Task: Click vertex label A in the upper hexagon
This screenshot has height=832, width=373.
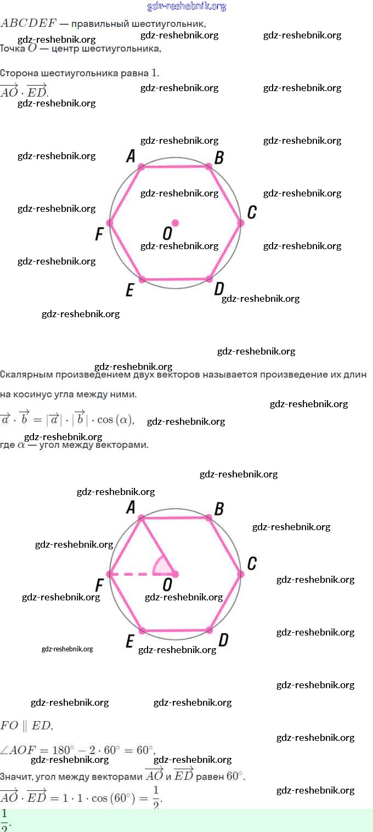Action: (x=131, y=156)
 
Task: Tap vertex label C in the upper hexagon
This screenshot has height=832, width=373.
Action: (x=252, y=212)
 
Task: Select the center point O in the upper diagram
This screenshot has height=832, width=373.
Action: (x=176, y=223)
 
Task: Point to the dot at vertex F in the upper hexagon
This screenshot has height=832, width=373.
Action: (x=110, y=223)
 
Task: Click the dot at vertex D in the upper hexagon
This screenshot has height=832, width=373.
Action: (x=209, y=279)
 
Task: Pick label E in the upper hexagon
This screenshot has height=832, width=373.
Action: (x=129, y=290)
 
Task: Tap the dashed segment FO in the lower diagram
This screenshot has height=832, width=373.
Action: (x=134, y=574)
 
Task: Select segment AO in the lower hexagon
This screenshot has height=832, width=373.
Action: (x=158, y=546)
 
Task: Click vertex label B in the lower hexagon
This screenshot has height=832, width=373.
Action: (x=219, y=509)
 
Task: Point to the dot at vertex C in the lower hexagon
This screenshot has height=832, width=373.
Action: (x=240, y=574)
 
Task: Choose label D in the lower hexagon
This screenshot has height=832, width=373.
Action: (x=223, y=640)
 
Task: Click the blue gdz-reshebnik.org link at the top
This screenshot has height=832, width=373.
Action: (x=187, y=7)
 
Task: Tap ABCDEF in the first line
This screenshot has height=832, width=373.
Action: (x=29, y=24)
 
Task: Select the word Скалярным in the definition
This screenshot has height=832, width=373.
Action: (x=26, y=375)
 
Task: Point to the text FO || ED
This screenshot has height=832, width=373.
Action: (x=26, y=726)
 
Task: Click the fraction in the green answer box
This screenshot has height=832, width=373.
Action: (x=5, y=820)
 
